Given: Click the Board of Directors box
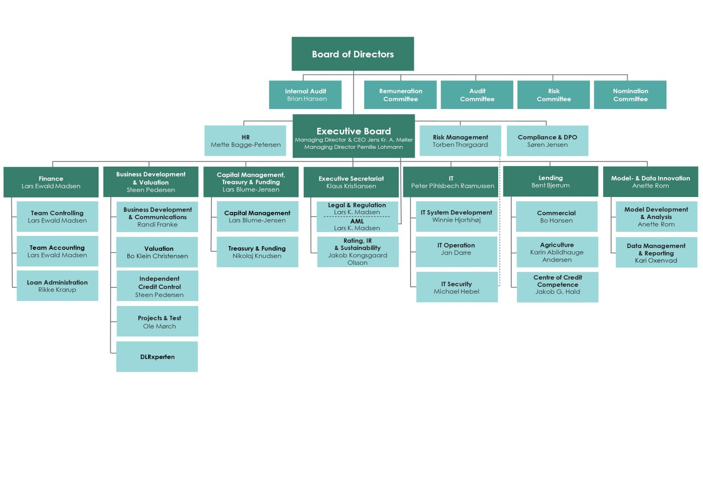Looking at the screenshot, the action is coord(352,54).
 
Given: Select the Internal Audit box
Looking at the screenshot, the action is coord(305,95).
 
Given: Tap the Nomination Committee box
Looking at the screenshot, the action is coord(630,95).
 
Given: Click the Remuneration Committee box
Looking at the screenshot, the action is coord(400,95).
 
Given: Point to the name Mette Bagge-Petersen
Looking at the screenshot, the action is coord(246,145).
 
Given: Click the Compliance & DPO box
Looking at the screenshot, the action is coord(547,141).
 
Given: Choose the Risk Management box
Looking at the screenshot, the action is coord(460,141).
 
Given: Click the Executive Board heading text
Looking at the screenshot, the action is coord(353,131).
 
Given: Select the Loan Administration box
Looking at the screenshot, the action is coord(58,286).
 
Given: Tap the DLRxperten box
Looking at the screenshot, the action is coord(157,357).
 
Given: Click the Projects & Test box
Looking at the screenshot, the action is coord(157,321).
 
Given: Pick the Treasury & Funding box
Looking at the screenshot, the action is coord(257,252).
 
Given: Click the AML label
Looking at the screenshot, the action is coord(357,221).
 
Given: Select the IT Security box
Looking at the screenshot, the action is coord(457,287).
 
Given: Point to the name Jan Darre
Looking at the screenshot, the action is coord(456,253).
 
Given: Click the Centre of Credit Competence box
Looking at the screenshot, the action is coord(557,287).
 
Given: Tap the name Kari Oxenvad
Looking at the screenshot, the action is coord(656,261).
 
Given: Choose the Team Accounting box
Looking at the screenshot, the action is coord(58,251).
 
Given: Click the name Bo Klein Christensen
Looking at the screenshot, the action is coord(157,256).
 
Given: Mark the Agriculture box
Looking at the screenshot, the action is coord(557,252).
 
